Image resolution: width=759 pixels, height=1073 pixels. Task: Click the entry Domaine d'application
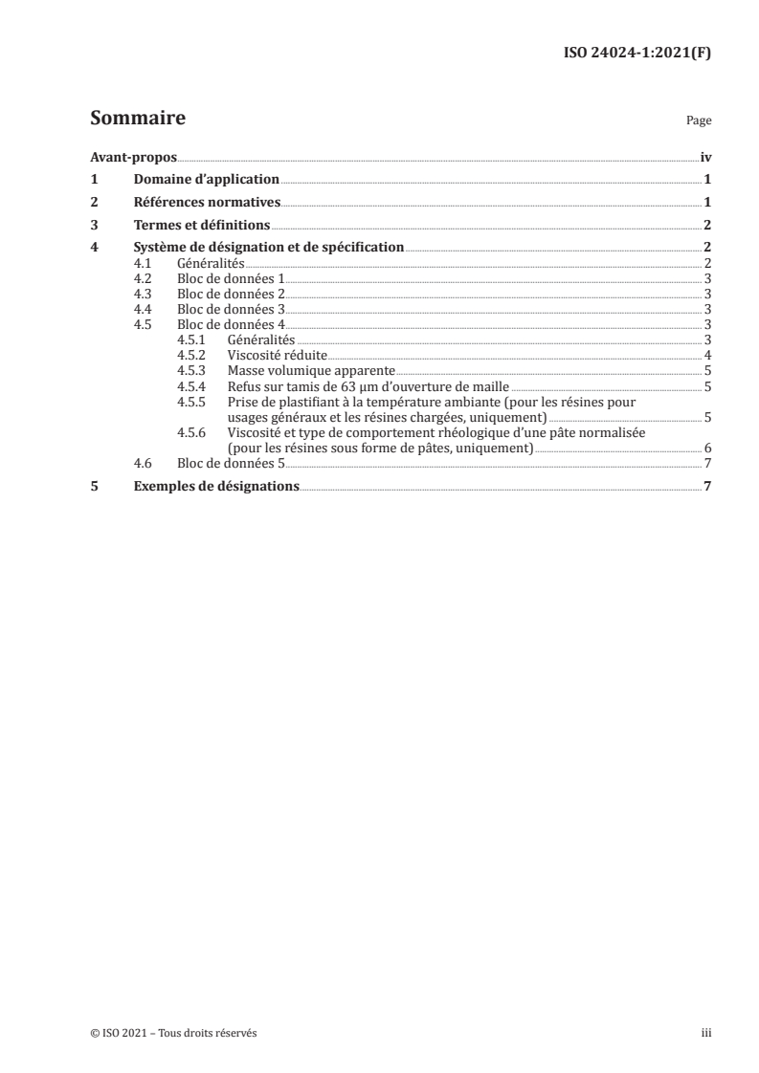click(206, 180)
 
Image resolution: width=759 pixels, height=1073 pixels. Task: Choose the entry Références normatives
click(207, 203)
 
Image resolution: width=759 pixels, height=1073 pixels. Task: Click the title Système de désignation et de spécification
click(269, 248)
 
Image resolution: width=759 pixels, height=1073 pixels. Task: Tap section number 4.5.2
click(192, 355)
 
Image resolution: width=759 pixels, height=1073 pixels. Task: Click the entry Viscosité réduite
click(277, 355)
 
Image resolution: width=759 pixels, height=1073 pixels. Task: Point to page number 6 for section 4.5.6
click(706, 448)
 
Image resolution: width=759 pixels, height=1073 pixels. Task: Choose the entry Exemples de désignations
click(216, 486)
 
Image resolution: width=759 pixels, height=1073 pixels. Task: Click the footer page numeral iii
click(705, 1033)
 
